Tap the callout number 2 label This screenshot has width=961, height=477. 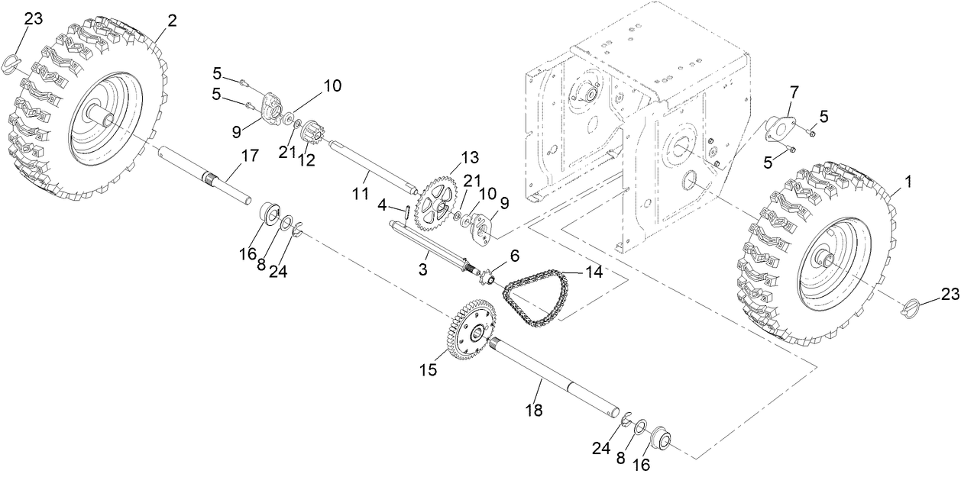click(172, 21)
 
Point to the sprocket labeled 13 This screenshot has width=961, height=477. click(433, 199)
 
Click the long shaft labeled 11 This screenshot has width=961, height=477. click(370, 165)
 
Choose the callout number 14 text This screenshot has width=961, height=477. click(594, 271)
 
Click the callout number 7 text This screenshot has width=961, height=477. click(794, 92)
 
